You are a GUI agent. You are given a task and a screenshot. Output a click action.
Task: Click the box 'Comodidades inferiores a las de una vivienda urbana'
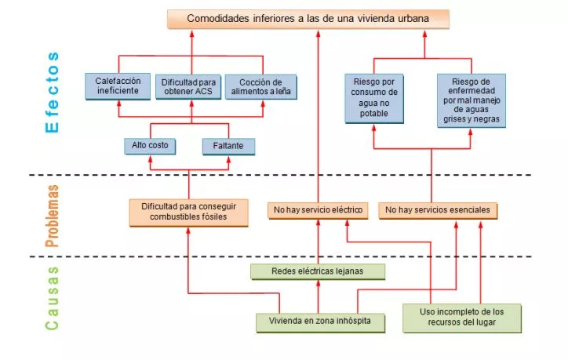tap(308, 19)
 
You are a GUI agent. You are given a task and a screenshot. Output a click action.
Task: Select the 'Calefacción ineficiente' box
tap(118, 86)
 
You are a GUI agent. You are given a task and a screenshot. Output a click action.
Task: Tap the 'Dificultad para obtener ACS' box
tap(188, 87)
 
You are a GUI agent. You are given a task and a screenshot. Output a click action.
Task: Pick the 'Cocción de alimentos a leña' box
tap(260, 87)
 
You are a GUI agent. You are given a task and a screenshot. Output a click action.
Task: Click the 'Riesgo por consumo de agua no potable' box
tap(374, 99)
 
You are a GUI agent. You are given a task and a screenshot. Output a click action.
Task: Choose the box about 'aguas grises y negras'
tap(472, 100)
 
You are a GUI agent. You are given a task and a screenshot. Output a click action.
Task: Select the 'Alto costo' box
tap(150, 147)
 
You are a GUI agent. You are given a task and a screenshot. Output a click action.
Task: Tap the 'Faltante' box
tap(228, 147)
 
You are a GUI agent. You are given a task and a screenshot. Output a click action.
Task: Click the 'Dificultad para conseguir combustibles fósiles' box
tap(189, 213)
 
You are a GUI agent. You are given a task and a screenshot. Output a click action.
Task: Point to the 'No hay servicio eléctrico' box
tap(318, 211)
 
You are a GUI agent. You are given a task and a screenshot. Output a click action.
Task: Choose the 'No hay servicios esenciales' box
tap(438, 211)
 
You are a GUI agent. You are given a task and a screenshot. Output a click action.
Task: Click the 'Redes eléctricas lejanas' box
tap(318, 271)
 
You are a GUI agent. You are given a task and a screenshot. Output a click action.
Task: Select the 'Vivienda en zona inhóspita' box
tap(320, 322)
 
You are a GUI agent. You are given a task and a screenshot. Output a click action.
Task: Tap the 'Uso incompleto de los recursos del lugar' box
tap(462, 318)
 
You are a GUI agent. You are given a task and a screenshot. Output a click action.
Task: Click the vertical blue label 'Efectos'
tap(52, 93)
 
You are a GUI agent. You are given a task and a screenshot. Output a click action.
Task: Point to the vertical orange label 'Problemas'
tap(52, 216)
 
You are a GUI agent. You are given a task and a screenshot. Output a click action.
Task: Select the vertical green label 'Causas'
tap(52, 298)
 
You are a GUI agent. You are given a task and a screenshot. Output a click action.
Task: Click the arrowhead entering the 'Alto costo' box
tap(151, 158)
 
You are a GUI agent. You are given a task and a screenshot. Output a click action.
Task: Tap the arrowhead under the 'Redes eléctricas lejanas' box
tap(319, 284)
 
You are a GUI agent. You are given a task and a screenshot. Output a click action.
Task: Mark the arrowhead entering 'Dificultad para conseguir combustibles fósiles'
tap(188, 231)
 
